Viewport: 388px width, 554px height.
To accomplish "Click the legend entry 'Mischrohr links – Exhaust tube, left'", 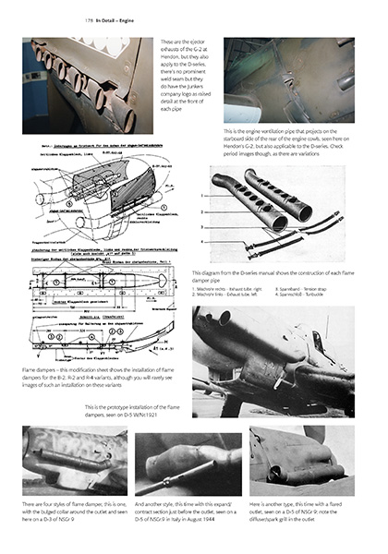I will (228, 293).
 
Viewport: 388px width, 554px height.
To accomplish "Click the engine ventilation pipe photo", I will (288, 79).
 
